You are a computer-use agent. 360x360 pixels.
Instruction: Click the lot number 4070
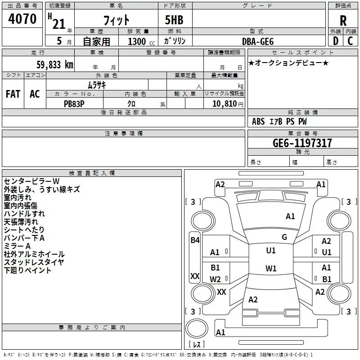(x=22, y=19)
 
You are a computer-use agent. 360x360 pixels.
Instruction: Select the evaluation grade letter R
(x=343, y=20)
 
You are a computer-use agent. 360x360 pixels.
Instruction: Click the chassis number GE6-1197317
(x=302, y=143)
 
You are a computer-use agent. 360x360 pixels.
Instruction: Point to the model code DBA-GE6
(x=258, y=41)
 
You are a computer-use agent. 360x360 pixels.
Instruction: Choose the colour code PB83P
(x=74, y=103)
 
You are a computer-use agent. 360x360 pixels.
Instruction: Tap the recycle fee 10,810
(x=225, y=103)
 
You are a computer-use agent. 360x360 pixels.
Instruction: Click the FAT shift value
(x=13, y=94)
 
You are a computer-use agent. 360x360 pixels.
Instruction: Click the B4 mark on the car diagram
(x=195, y=240)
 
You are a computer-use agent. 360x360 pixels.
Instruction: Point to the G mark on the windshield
(x=284, y=237)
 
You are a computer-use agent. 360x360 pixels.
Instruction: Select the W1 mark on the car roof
(x=271, y=268)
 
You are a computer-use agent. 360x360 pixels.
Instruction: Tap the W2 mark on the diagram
(x=216, y=279)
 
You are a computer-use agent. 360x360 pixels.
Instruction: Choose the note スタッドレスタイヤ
(x=34, y=262)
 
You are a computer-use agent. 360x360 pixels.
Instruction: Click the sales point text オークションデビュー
(x=288, y=63)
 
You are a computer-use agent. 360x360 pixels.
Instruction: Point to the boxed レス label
(x=196, y=345)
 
